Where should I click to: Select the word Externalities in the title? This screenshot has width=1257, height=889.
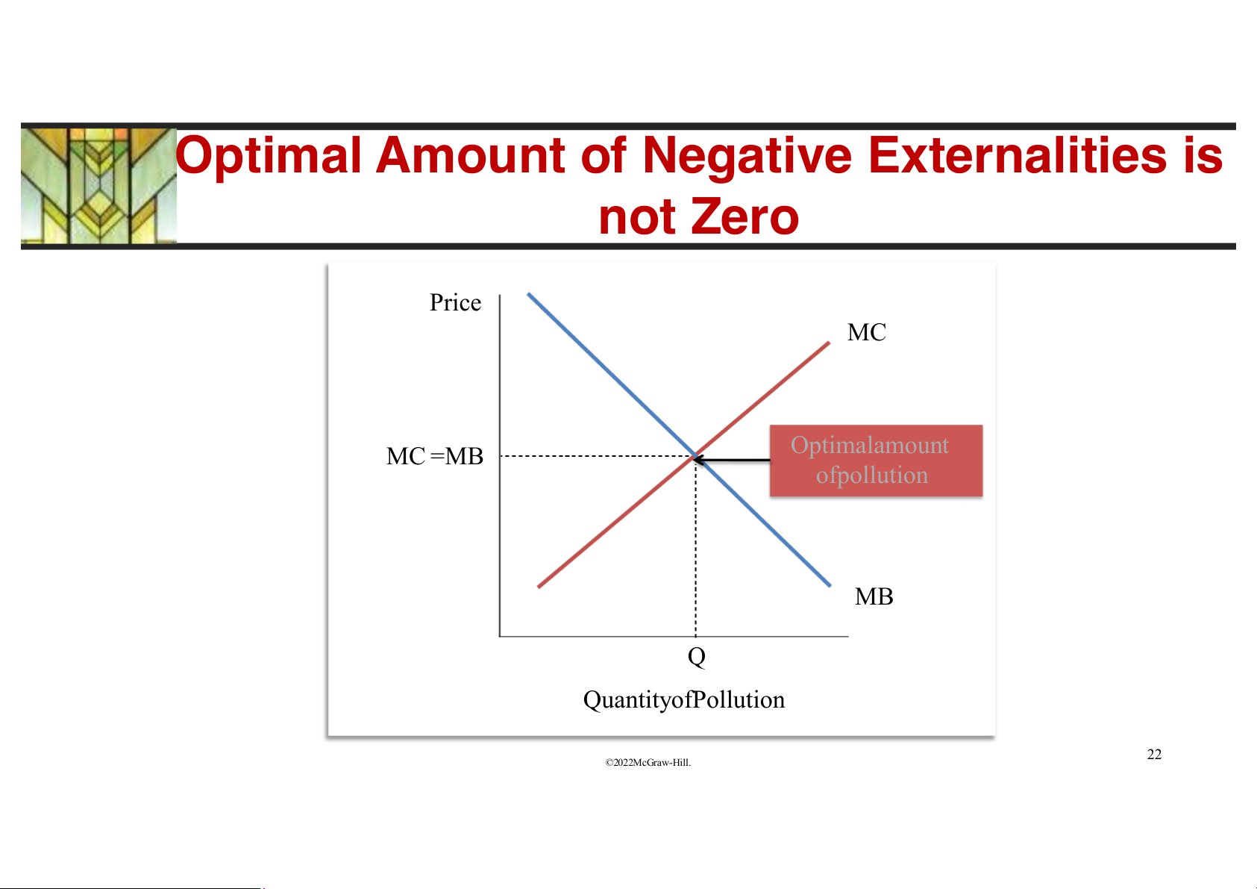pyautogui.click(x=1017, y=155)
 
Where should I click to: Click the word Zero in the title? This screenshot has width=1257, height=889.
pyautogui.click(x=745, y=216)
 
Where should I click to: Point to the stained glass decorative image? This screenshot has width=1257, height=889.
pyautogui.click(x=98, y=186)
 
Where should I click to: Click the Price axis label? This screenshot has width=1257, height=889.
pyautogui.click(x=455, y=303)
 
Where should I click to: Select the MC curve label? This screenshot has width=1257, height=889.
pyautogui.click(x=866, y=332)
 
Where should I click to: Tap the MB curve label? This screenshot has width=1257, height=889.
pyautogui.click(x=874, y=596)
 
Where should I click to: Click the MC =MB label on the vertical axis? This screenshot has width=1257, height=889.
pyautogui.click(x=435, y=456)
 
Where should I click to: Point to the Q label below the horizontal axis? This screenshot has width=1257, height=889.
pyautogui.click(x=697, y=657)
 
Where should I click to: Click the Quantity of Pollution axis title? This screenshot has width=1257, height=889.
pyautogui.click(x=684, y=700)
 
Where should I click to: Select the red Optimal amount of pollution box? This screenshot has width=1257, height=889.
pyautogui.click(x=876, y=461)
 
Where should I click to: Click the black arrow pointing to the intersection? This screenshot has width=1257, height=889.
pyautogui.click(x=732, y=460)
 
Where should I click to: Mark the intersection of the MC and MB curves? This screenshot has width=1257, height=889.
pyautogui.click(x=696, y=456)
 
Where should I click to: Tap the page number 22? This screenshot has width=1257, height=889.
pyautogui.click(x=1154, y=754)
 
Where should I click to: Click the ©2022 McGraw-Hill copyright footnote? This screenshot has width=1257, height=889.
pyautogui.click(x=648, y=763)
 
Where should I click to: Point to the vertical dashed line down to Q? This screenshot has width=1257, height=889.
pyautogui.click(x=696, y=546)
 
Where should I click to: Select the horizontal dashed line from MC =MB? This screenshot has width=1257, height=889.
pyautogui.click(x=598, y=456)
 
